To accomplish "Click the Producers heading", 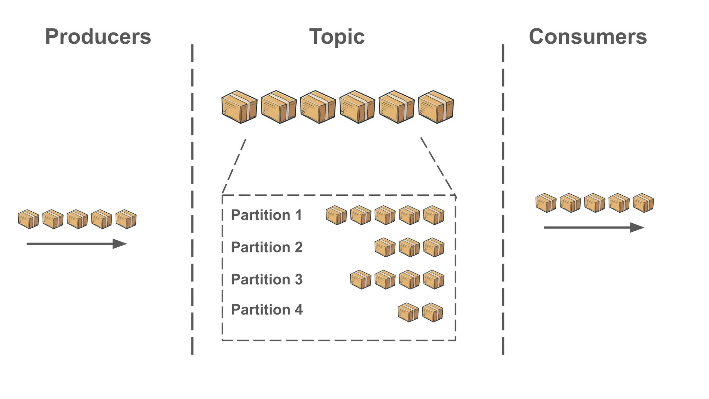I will click(98, 37).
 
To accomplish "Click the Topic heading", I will click(337, 37).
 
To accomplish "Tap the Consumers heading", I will click(587, 37).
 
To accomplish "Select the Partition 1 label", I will click(266, 215).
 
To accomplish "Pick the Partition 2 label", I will click(267, 247).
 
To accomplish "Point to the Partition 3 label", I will click(267, 280).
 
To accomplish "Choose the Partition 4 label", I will click(267, 310).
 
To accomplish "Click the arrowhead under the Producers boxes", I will click(119, 244).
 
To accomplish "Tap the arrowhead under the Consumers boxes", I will click(637, 228).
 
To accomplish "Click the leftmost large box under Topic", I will click(239, 107).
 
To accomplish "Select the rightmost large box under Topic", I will click(436, 107).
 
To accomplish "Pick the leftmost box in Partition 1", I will click(336, 215).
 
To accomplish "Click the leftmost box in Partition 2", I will click(385, 247).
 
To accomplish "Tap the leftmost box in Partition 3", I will click(360, 280).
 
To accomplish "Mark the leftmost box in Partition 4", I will click(408, 313).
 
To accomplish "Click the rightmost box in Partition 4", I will click(432, 313).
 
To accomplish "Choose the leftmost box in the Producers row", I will click(28, 219).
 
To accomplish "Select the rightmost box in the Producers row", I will click(126, 219).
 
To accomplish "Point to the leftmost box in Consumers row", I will click(546, 203).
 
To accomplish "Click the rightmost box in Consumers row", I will click(643, 203).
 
